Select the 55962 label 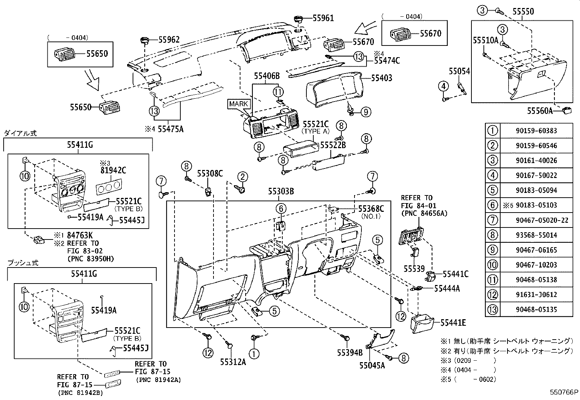coord(168,40)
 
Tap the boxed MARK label coord(239,104)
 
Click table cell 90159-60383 coord(536,131)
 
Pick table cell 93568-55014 coord(536,235)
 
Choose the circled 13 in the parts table coord(492,310)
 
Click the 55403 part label coord(381,78)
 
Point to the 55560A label coord(540,111)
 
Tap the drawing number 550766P coord(564,393)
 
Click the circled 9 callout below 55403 coord(365,112)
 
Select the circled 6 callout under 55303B coord(281,209)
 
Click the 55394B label coord(350,352)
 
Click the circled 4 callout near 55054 coord(443,87)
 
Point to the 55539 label coord(414,269)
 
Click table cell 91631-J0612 coord(536,295)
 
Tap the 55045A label coord(372,365)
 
